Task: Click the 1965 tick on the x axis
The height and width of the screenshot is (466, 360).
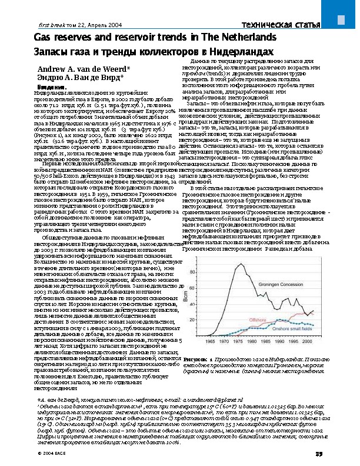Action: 209,341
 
